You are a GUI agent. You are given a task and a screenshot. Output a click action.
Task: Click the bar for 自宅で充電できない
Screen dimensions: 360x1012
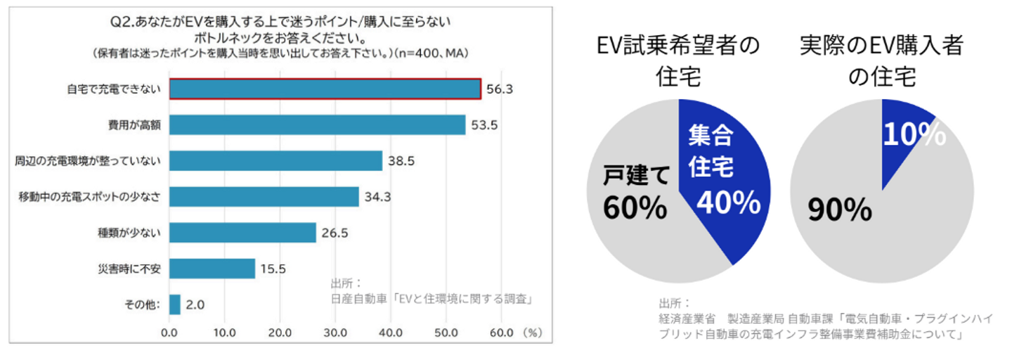(x=325, y=89)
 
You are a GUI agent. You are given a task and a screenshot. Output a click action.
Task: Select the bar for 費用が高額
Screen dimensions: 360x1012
(x=317, y=125)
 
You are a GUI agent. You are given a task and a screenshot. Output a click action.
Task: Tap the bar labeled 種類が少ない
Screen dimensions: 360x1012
(x=242, y=232)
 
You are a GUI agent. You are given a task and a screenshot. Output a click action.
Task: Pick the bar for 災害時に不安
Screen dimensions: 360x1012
(x=212, y=268)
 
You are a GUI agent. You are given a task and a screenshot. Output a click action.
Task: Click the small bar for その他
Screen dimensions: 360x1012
(x=175, y=304)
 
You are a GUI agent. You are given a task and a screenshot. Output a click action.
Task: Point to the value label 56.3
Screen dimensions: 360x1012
(x=500, y=89)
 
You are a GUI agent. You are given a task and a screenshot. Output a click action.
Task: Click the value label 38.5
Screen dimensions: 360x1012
(x=401, y=161)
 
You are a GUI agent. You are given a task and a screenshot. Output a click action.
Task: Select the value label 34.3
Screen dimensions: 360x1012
(x=378, y=197)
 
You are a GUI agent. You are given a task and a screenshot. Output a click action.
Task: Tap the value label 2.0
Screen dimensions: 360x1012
(x=196, y=304)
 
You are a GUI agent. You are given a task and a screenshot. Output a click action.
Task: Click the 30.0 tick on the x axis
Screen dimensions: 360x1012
(x=335, y=331)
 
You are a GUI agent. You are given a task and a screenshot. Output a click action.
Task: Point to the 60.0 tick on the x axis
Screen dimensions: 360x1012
(x=501, y=331)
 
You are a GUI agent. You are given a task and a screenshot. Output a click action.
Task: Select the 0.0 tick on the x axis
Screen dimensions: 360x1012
(x=169, y=331)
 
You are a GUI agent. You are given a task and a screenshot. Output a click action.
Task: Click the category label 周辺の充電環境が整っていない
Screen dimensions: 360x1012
(x=88, y=161)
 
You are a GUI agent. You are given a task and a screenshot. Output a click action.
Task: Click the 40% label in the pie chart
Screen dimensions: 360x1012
(x=729, y=203)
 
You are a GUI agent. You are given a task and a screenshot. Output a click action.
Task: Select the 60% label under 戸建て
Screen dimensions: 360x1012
(x=635, y=207)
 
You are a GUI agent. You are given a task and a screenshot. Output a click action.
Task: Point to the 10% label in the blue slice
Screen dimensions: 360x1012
(x=914, y=134)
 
